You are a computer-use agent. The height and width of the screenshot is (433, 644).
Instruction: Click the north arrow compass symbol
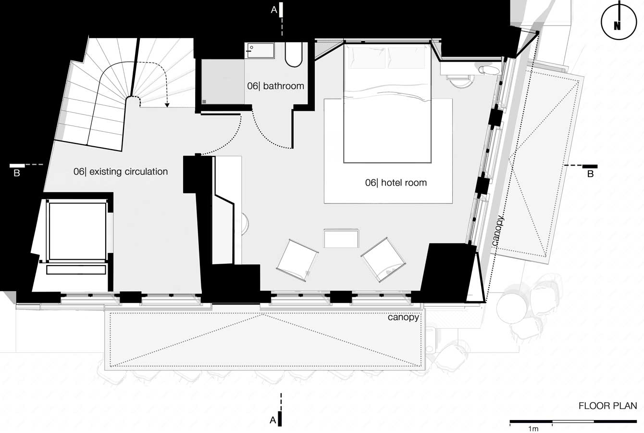click(618, 22)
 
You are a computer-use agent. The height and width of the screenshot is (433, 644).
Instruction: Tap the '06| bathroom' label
click(275, 86)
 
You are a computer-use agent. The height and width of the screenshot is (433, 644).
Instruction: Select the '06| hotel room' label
click(396, 182)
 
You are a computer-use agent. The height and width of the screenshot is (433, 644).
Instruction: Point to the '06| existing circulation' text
click(121, 172)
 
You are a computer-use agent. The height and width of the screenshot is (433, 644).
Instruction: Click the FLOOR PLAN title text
click(608, 406)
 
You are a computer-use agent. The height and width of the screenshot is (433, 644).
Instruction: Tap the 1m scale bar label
click(533, 429)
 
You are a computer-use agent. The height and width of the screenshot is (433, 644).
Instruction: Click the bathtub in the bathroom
click(294, 55)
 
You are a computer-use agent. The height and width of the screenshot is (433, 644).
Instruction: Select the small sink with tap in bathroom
click(260, 51)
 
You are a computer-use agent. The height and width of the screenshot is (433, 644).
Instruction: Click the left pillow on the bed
click(366, 58)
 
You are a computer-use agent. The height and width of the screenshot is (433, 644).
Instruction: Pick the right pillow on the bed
click(406, 58)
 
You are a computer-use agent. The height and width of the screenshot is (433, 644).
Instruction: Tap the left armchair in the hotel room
click(297, 260)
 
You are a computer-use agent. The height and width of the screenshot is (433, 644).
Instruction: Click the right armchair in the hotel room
click(384, 259)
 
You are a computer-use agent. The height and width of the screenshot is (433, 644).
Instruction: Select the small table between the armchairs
click(341, 238)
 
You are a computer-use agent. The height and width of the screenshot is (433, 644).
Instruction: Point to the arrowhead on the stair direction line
click(167, 106)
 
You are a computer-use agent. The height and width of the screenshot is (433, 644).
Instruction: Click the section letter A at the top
click(274, 10)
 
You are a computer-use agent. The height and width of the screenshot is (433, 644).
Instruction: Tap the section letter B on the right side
click(590, 174)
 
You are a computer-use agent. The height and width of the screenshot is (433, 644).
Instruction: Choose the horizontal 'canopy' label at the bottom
click(403, 318)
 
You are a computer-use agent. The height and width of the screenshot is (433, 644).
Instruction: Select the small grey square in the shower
click(204, 102)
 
